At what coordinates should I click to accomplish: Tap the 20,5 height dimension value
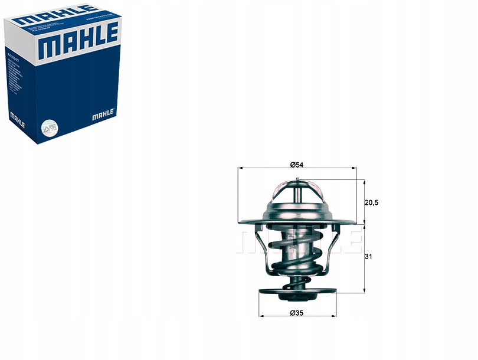[371, 202]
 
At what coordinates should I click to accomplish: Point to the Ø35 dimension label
[296, 313]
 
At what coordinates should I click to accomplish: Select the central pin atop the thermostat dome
[297, 180]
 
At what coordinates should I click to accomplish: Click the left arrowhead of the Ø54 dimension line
[240, 169]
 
